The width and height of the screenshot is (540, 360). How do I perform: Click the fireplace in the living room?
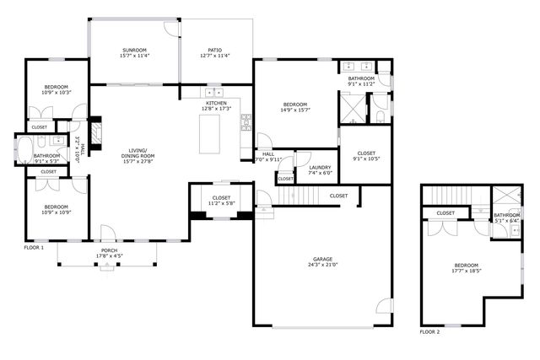95,133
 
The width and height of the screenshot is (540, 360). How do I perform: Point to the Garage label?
321,261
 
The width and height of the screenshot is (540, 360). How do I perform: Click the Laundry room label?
320,167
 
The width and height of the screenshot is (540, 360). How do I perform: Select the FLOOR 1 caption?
33,249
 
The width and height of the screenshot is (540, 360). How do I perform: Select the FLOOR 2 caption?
429,331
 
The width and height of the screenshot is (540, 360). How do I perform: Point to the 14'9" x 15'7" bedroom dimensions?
295,110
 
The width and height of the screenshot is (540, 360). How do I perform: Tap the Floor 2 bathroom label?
507,215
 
